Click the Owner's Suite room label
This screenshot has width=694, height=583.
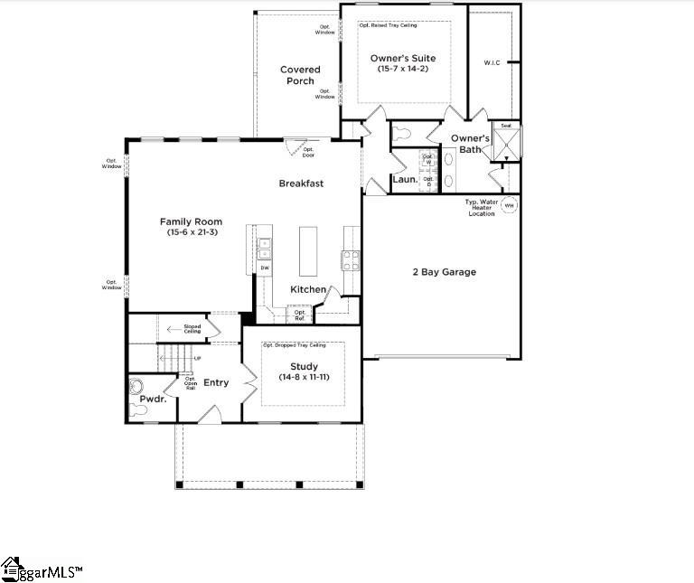(x=403, y=58)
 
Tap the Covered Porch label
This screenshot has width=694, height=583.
(x=300, y=75)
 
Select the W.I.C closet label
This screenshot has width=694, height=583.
(x=492, y=63)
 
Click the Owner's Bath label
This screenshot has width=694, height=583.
(x=471, y=144)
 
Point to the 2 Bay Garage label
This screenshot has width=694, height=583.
(x=444, y=272)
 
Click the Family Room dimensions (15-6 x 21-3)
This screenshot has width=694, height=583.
(x=191, y=233)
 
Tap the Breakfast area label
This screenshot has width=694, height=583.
(x=301, y=183)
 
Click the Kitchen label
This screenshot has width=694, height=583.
(x=308, y=289)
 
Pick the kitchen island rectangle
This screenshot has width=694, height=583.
(x=309, y=251)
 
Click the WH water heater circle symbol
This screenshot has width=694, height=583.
(x=508, y=205)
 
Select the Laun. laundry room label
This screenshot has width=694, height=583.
(x=405, y=179)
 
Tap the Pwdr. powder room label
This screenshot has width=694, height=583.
(x=153, y=399)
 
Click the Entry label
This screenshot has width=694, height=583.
(x=216, y=383)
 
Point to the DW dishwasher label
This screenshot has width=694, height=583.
(x=265, y=268)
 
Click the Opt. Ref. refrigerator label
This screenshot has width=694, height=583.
(x=299, y=315)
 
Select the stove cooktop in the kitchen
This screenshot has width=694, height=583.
(x=351, y=260)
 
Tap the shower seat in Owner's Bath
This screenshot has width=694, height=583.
(x=506, y=126)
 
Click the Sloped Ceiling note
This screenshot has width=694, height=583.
(x=192, y=330)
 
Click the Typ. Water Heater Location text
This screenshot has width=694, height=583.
(x=481, y=207)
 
